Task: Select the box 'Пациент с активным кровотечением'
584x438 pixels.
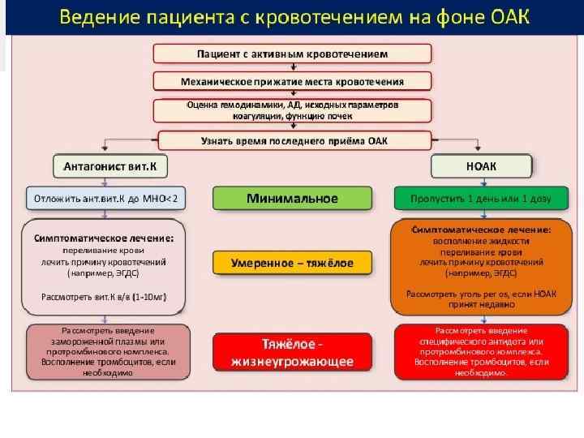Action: [293, 54]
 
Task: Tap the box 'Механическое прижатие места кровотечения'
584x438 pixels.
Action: [293, 82]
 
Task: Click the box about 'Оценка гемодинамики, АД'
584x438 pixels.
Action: [293, 111]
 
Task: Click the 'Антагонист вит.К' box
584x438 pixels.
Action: [110, 165]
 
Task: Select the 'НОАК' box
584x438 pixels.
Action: [481, 165]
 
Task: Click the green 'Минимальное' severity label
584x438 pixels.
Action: [293, 198]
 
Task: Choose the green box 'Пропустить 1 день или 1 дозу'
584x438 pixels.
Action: [481, 198]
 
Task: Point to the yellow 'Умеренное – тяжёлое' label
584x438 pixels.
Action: [293, 263]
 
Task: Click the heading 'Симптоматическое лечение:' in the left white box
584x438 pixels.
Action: [104, 239]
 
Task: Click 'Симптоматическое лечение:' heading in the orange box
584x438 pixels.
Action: [482, 230]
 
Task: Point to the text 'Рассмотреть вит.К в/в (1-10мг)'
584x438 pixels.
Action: [104, 297]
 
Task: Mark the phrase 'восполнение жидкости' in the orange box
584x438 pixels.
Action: [482, 241]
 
